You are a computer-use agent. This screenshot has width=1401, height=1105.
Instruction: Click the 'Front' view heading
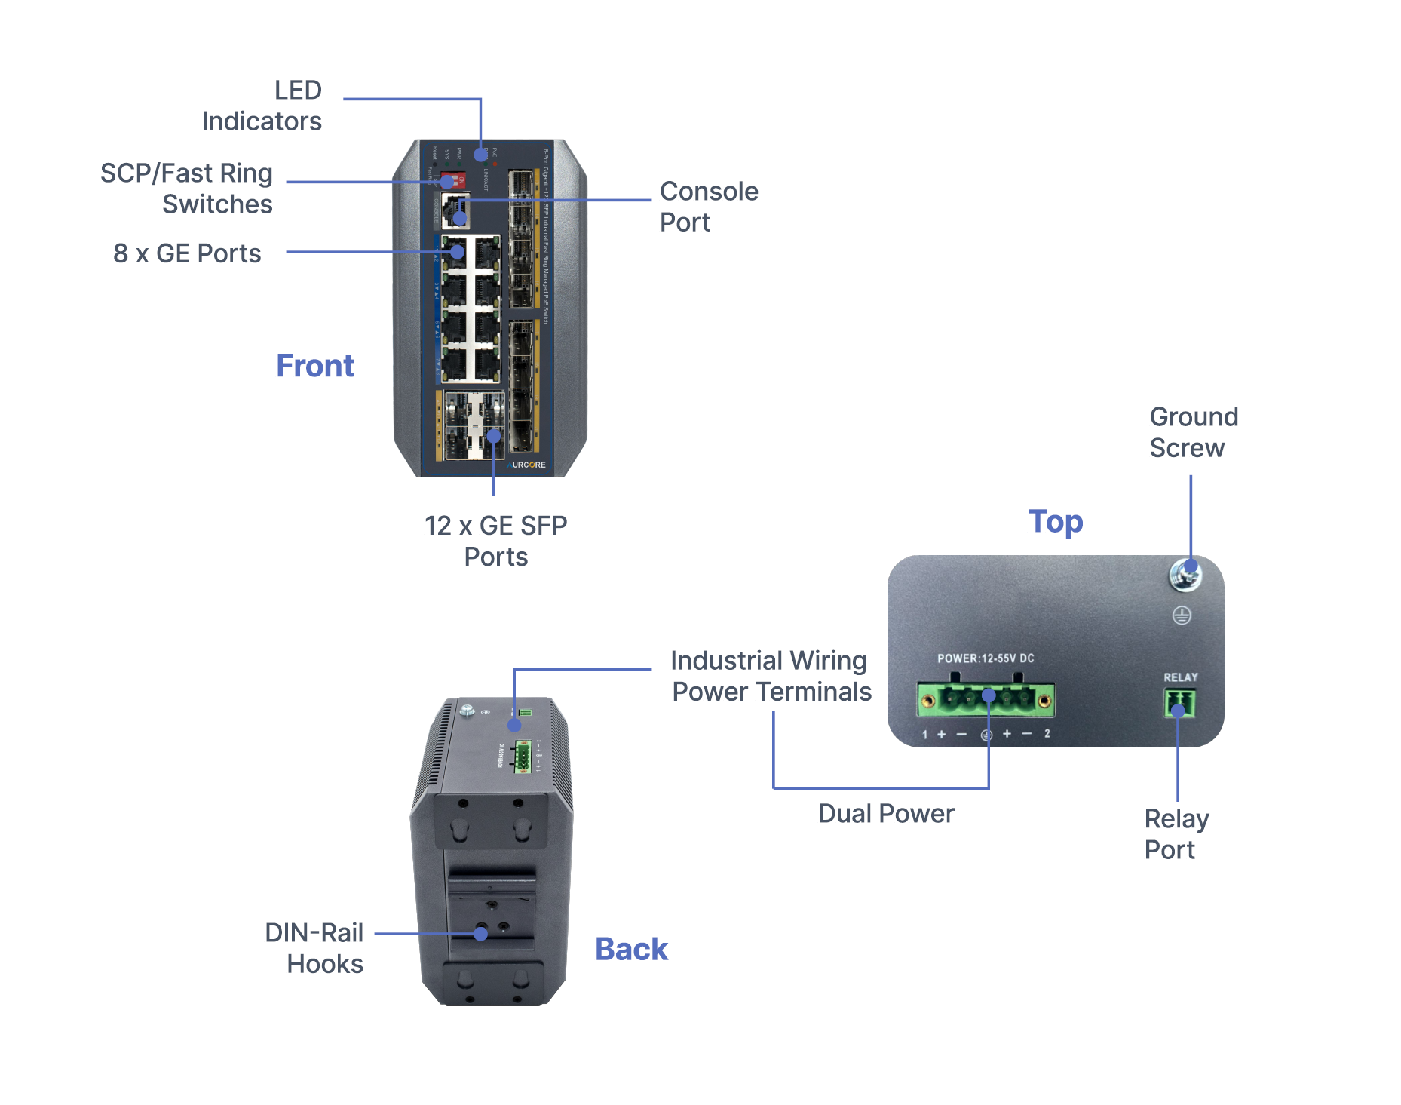(314, 366)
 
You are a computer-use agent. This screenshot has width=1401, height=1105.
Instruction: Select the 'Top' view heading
(1055, 521)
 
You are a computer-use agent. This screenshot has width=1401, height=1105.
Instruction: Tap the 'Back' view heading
(631, 949)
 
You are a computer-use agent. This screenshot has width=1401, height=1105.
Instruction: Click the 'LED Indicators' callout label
(262, 106)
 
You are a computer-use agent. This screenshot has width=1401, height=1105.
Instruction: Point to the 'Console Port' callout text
(709, 207)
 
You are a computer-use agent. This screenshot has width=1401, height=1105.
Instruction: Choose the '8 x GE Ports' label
(187, 253)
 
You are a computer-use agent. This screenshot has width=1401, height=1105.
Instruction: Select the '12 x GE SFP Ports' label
(495, 541)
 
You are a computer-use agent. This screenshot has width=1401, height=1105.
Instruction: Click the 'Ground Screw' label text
(1193, 432)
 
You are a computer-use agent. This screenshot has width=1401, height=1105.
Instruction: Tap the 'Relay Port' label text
(1176, 833)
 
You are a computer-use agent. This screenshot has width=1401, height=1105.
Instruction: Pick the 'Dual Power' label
(885, 813)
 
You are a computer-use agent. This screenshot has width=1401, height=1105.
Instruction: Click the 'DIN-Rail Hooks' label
(314, 948)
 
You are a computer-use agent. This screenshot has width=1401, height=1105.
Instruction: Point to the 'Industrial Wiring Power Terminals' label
(770, 676)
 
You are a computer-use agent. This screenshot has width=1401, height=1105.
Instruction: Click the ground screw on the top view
(1185, 576)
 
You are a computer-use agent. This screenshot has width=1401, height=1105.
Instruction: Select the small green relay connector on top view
(1179, 704)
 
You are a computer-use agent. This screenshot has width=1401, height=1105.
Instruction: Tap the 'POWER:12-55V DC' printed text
(985, 658)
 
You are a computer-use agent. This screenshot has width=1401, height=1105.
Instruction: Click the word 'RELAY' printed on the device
(1180, 677)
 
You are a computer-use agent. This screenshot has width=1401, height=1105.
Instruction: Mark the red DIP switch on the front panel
(453, 181)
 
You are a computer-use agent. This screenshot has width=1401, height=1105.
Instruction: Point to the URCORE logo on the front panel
(527, 465)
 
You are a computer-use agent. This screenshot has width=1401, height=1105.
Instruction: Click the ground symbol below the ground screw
(1182, 615)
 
